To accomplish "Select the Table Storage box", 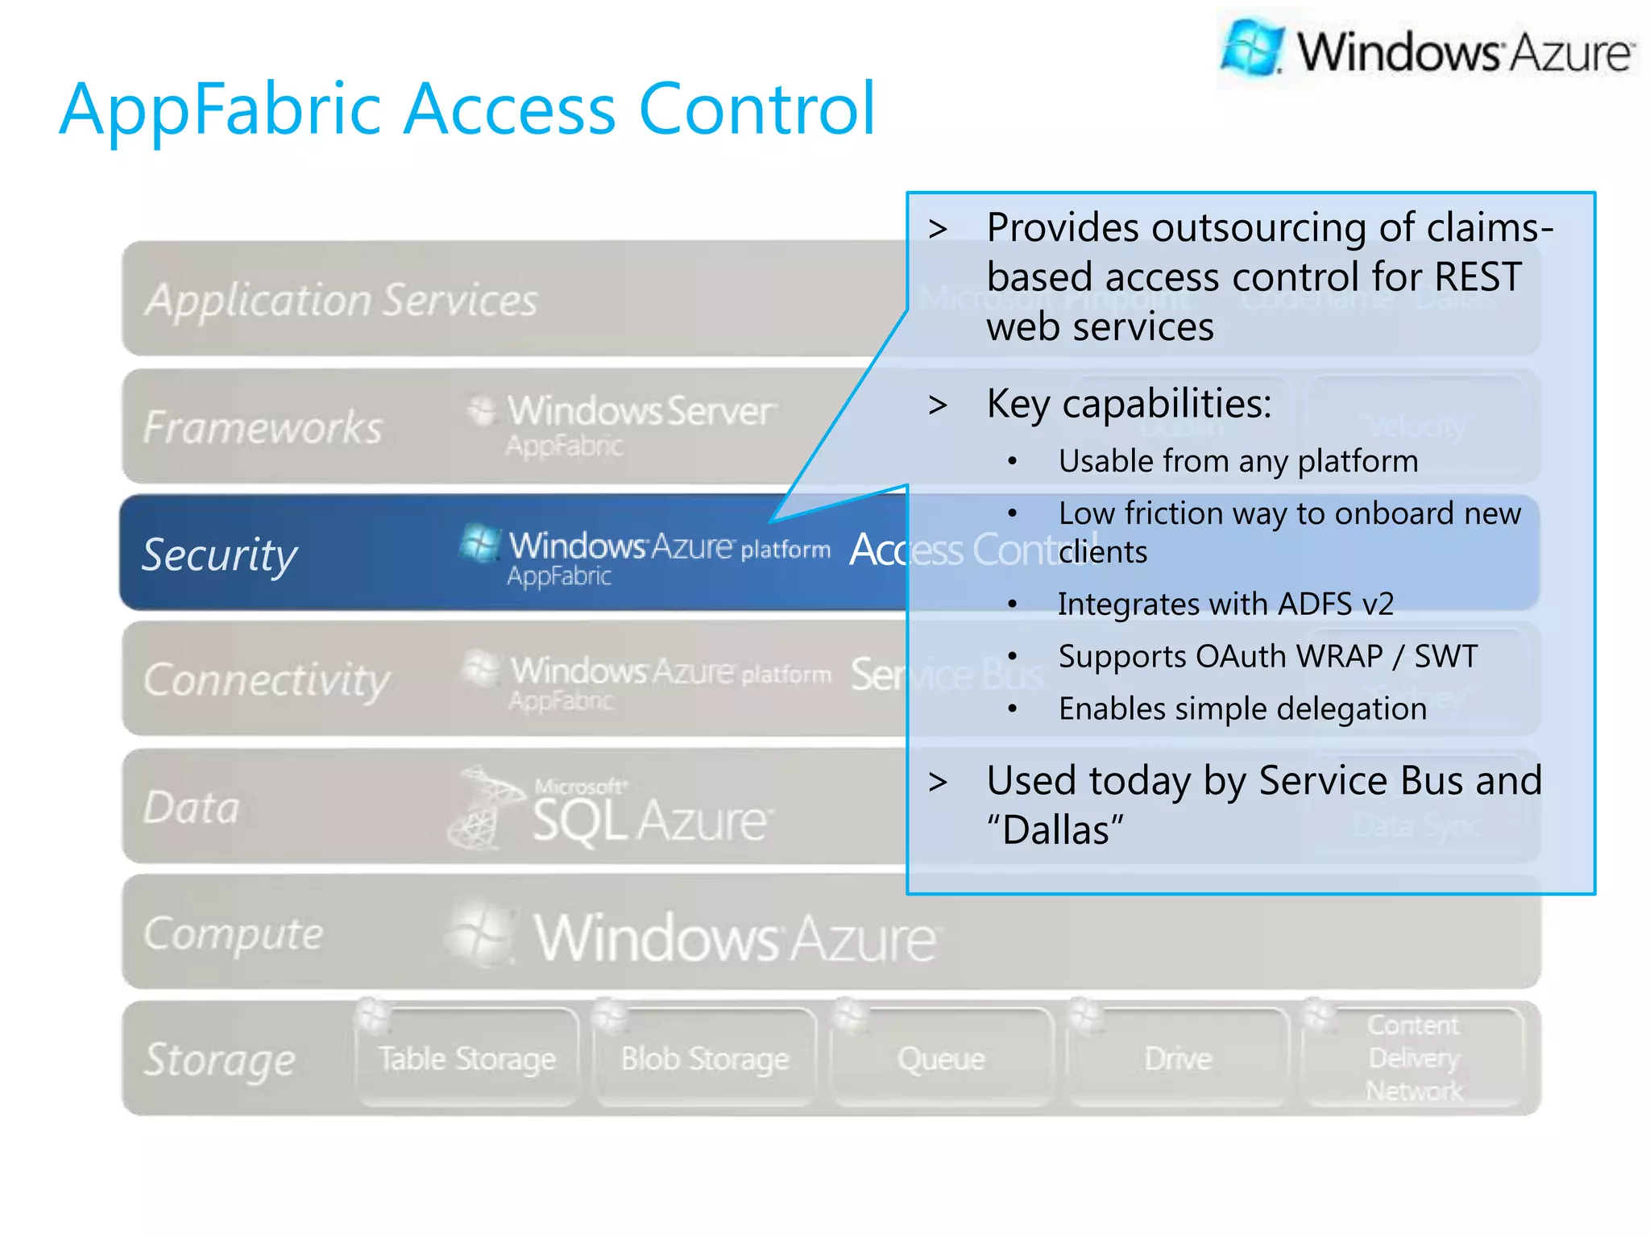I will coord(467,1058).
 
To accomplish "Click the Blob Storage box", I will coord(705,1058).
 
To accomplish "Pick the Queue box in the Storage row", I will coord(941,1058).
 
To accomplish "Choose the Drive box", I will coord(1178,1058).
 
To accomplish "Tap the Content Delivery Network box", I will coord(1414,1057).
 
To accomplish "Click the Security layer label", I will coord(219,555).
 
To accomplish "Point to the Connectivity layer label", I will coord(266,679).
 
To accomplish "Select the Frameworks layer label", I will coord(263,426).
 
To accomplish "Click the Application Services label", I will coord(342,300).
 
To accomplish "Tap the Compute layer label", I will coord(233,933).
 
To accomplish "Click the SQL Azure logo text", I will coord(649,820).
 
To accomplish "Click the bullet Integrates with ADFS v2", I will coord(1225,604).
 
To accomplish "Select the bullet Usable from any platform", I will coord(1238,461).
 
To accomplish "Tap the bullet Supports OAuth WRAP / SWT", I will coord(1268,656).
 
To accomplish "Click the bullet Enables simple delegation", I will coord(1242,708).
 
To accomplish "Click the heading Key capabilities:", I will coord(1129,403).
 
